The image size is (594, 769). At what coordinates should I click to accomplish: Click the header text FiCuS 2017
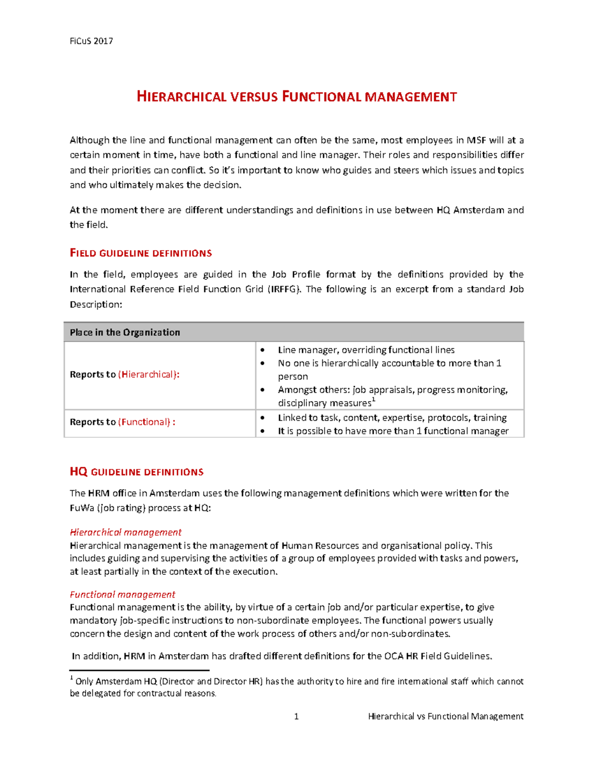point(91,41)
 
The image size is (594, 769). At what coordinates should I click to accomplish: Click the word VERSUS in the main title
point(253,97)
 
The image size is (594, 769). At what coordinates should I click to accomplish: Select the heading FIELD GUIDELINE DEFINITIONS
point(141,253)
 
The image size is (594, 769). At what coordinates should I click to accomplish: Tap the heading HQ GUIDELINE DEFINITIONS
point(136,472)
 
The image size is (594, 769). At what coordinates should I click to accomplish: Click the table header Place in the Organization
point(125,332)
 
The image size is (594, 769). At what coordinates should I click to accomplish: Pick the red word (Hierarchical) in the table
point(148,374)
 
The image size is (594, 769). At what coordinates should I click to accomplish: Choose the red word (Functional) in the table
point(146,422)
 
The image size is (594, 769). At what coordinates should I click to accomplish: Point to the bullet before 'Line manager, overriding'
point(262,350)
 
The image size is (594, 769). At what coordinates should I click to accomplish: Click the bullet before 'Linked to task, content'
point(262,418)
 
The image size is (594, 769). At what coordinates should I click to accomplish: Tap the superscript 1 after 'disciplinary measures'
point(374,400)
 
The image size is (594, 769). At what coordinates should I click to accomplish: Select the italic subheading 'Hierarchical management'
point(126,532)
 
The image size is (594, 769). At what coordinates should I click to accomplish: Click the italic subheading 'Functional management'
point(122,594)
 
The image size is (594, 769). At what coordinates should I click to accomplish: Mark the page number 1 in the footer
point(296,717)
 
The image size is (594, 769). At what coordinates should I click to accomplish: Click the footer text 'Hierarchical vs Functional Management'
point(445,717)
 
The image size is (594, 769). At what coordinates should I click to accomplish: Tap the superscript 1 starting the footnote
point(72,678)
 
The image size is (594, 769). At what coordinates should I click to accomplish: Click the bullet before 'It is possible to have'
point(262,431)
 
